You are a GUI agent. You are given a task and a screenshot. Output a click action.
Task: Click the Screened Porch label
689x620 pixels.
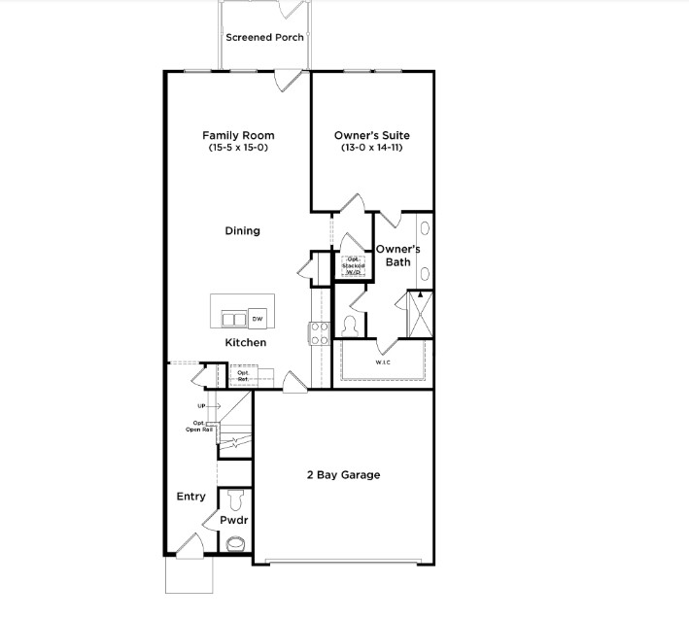[x=264, y=38]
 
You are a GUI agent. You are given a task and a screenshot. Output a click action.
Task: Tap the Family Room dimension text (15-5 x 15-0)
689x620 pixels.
[x=238, y=148]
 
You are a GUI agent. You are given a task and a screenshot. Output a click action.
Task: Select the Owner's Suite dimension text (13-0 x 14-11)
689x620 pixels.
[x=369, y=148]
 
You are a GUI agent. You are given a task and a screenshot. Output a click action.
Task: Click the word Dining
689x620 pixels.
[x=242, y=230]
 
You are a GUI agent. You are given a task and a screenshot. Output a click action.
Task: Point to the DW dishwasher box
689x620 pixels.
[x=258, y=319]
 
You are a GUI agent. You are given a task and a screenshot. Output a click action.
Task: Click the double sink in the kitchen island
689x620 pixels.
[x=233, y=320]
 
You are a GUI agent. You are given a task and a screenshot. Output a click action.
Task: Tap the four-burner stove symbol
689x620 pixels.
[x=319, y=333]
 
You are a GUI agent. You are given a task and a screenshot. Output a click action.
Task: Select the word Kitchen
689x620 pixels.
[x=245, y=343]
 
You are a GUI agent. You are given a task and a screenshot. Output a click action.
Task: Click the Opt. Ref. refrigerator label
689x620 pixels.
[x=243, y=375]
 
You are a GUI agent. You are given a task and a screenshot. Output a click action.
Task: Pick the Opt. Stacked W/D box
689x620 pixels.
[x=352, y=265]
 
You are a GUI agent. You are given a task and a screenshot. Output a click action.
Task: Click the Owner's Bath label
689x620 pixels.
[x=397, y=255]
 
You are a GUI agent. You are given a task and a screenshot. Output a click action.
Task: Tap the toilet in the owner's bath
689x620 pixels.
[x=350, y=325]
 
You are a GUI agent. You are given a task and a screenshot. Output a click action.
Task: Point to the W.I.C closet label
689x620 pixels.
[x=383, y=362]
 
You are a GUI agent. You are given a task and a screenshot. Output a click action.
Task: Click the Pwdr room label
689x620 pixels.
[x=233, y=521]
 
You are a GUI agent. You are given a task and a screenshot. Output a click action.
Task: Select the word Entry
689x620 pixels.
[x=190, y=497]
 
